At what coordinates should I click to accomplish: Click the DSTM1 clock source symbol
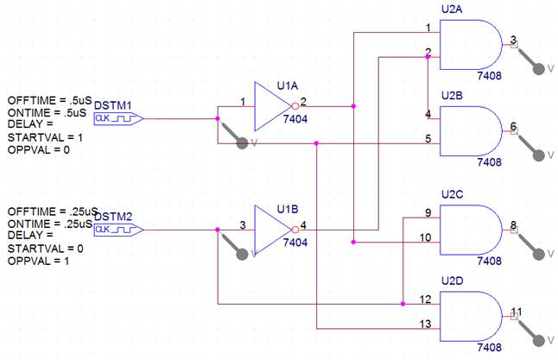119,118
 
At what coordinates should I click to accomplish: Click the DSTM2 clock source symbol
119,230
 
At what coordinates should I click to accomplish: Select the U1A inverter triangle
273,106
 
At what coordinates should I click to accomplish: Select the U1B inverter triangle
273,230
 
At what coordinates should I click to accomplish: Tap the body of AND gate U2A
471,45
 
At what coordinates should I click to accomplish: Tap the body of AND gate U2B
471,131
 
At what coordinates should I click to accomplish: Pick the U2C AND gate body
471,230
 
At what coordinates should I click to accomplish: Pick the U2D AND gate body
471,316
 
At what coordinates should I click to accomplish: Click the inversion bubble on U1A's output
295,106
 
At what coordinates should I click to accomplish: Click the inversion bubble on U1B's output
295,230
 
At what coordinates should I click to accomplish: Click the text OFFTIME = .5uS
50,100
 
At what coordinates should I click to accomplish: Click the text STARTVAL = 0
45,249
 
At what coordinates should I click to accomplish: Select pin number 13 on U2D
425,324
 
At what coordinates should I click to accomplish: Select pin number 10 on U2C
425,237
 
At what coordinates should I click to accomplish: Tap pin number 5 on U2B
428,138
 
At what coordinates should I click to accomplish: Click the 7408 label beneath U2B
489,162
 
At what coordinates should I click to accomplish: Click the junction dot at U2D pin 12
403,304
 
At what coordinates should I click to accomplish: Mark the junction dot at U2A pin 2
428,57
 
